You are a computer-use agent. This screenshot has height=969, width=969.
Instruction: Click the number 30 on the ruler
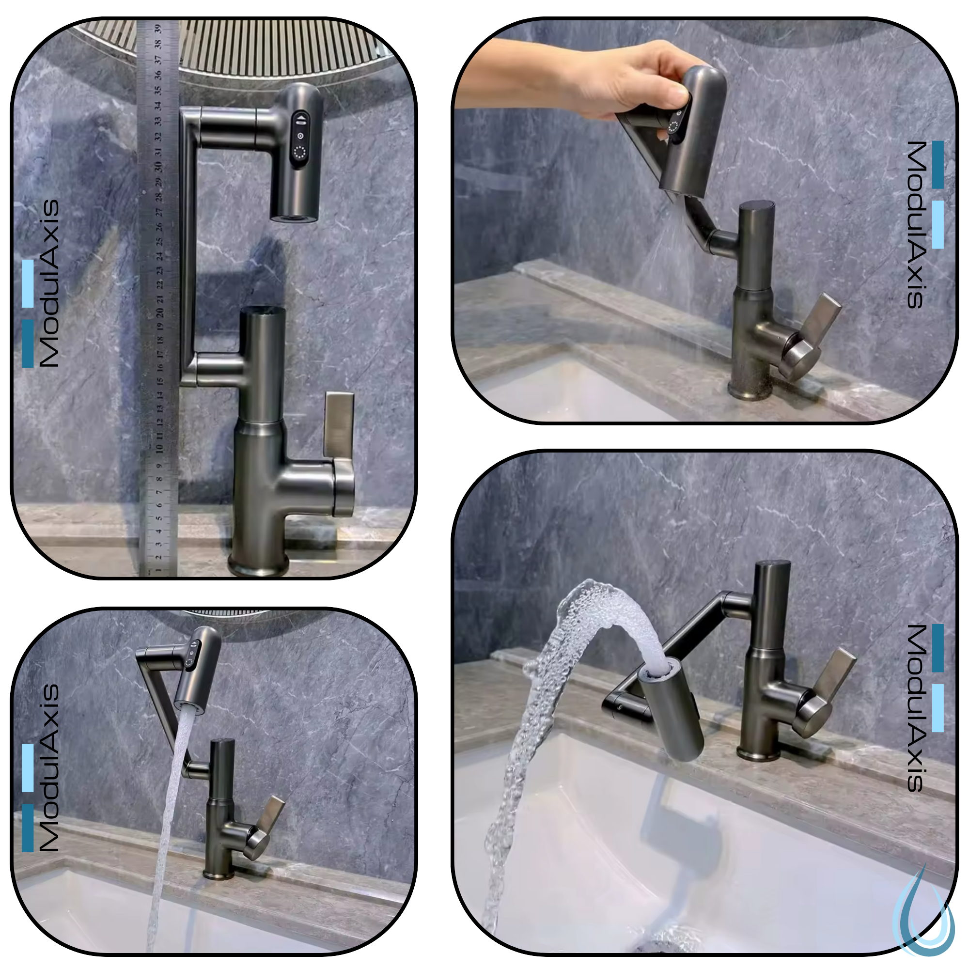click(158, 166)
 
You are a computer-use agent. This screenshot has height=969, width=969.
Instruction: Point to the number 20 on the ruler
click(159, 313)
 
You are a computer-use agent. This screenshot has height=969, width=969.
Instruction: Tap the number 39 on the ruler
click(157, 29)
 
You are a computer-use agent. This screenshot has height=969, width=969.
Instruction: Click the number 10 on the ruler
click(159, 448)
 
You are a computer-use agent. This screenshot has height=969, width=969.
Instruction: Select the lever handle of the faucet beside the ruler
click(340, 426)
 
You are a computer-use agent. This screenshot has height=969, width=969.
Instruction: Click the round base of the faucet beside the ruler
click(259, 566)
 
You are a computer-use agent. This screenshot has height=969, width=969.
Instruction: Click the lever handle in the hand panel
click(823, 321)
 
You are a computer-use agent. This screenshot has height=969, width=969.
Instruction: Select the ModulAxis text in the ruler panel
click(49, 283)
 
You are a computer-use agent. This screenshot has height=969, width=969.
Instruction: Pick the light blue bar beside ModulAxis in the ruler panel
click(28, 283)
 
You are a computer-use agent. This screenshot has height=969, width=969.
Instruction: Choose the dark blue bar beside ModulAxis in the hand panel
click(938, 165)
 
